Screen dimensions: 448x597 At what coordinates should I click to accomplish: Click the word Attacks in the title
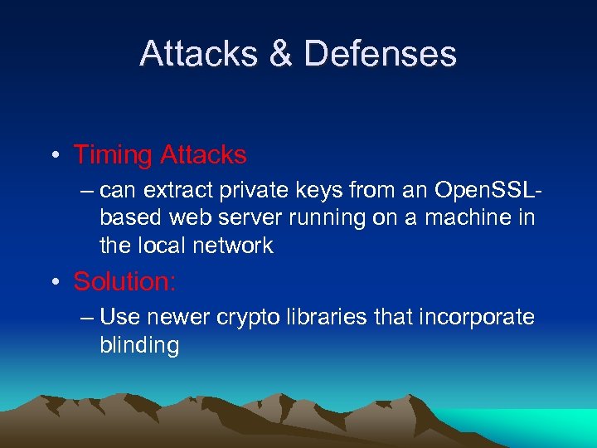197,54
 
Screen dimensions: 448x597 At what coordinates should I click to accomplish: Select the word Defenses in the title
380,54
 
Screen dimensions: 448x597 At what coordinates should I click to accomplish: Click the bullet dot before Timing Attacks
54,156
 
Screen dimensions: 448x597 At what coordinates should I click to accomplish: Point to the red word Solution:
124,282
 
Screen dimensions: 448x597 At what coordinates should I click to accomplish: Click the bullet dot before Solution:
54,283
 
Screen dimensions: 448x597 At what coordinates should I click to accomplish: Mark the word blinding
139,345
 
